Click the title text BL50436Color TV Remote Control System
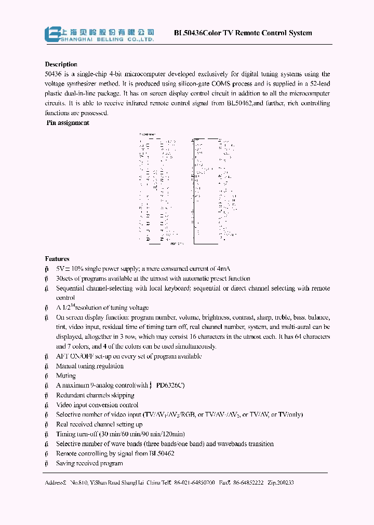pyautogui.click(x=243, y=33)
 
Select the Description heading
pyautogui.click(x=61, y=64)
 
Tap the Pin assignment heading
pyautogui.click(x=68, y=123)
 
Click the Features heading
pyautogui.click(x=57, y=259)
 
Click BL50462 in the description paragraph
pyautogui.click(x=239, y=104)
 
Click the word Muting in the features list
pyautogui.click(x=66, y=376)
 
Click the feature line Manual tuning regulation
pyautogui.click(x=90, y=366)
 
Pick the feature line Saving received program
pyautogui.click(x=89, y=463)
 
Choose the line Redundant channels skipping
pyautogui.click(x=94, y=395)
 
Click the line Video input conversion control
pyautogui.click(x=97, y=405)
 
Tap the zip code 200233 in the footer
pyautogui.click(x=284, y=482)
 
